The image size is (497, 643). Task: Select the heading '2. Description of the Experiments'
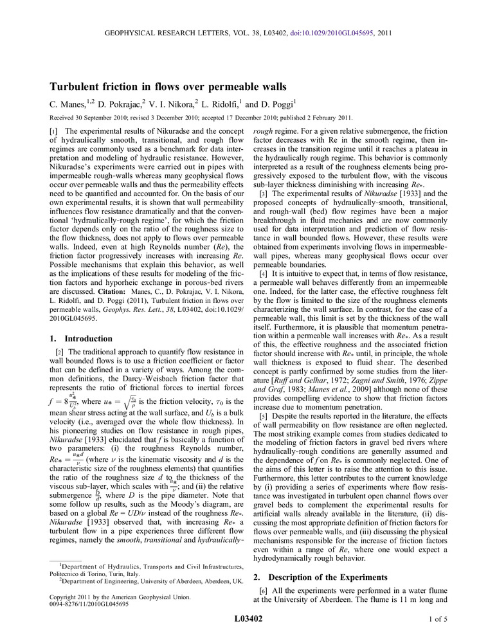pyautogui.click(x=320, y=577)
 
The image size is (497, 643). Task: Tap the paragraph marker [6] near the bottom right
pyautogui.click(x=264, y=591)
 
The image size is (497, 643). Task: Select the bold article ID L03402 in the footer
pyautogui.click(x=248, y=619)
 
